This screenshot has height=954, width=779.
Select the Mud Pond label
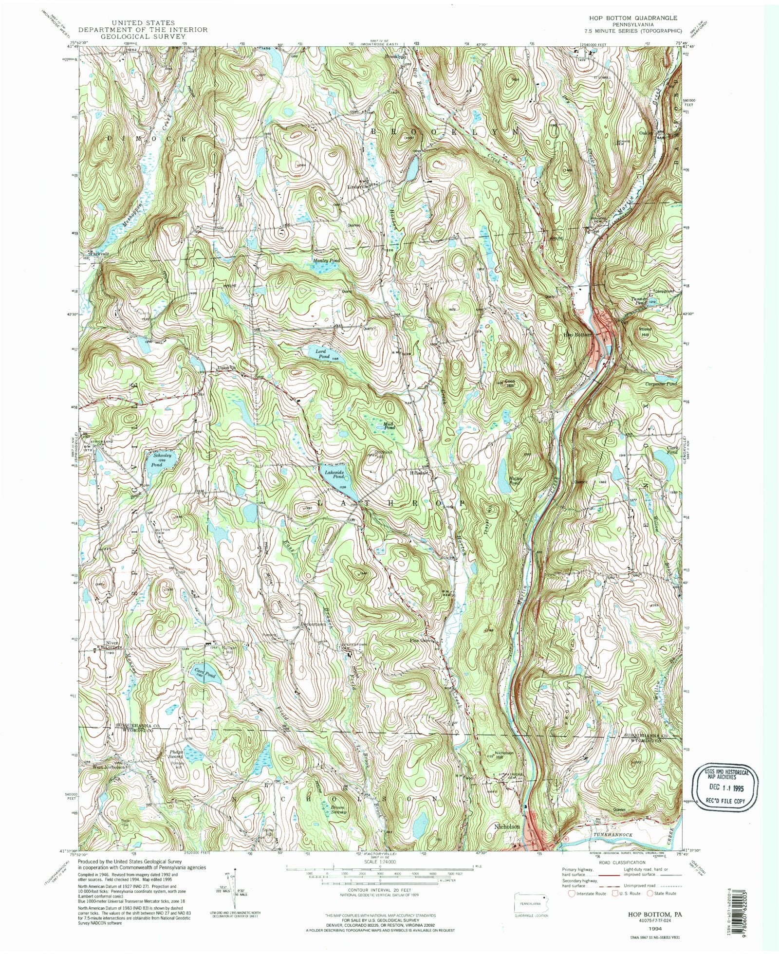(x=388, y=425)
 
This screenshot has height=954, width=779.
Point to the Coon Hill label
(x=510, y=383)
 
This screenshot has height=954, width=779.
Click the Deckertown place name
(x=312, y=624)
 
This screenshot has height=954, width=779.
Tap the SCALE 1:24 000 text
(x=379, y=860)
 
